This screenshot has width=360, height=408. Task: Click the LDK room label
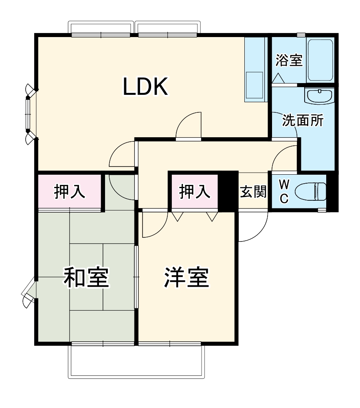tap(145, 86)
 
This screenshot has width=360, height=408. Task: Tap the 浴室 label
tap(289, 61)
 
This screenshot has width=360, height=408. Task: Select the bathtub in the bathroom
tap(320, 60)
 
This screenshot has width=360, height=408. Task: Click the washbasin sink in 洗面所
tap(320, 97)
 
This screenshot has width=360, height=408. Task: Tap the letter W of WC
tap(284, 184)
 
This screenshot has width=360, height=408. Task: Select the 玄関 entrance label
tap(253, 192)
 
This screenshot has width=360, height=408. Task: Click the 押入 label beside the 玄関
tap(195, 192)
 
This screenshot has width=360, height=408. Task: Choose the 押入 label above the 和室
tap(70, 192)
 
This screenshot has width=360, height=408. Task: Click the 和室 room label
tap(86, 278)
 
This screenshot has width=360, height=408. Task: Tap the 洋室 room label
tap(187, 278)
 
